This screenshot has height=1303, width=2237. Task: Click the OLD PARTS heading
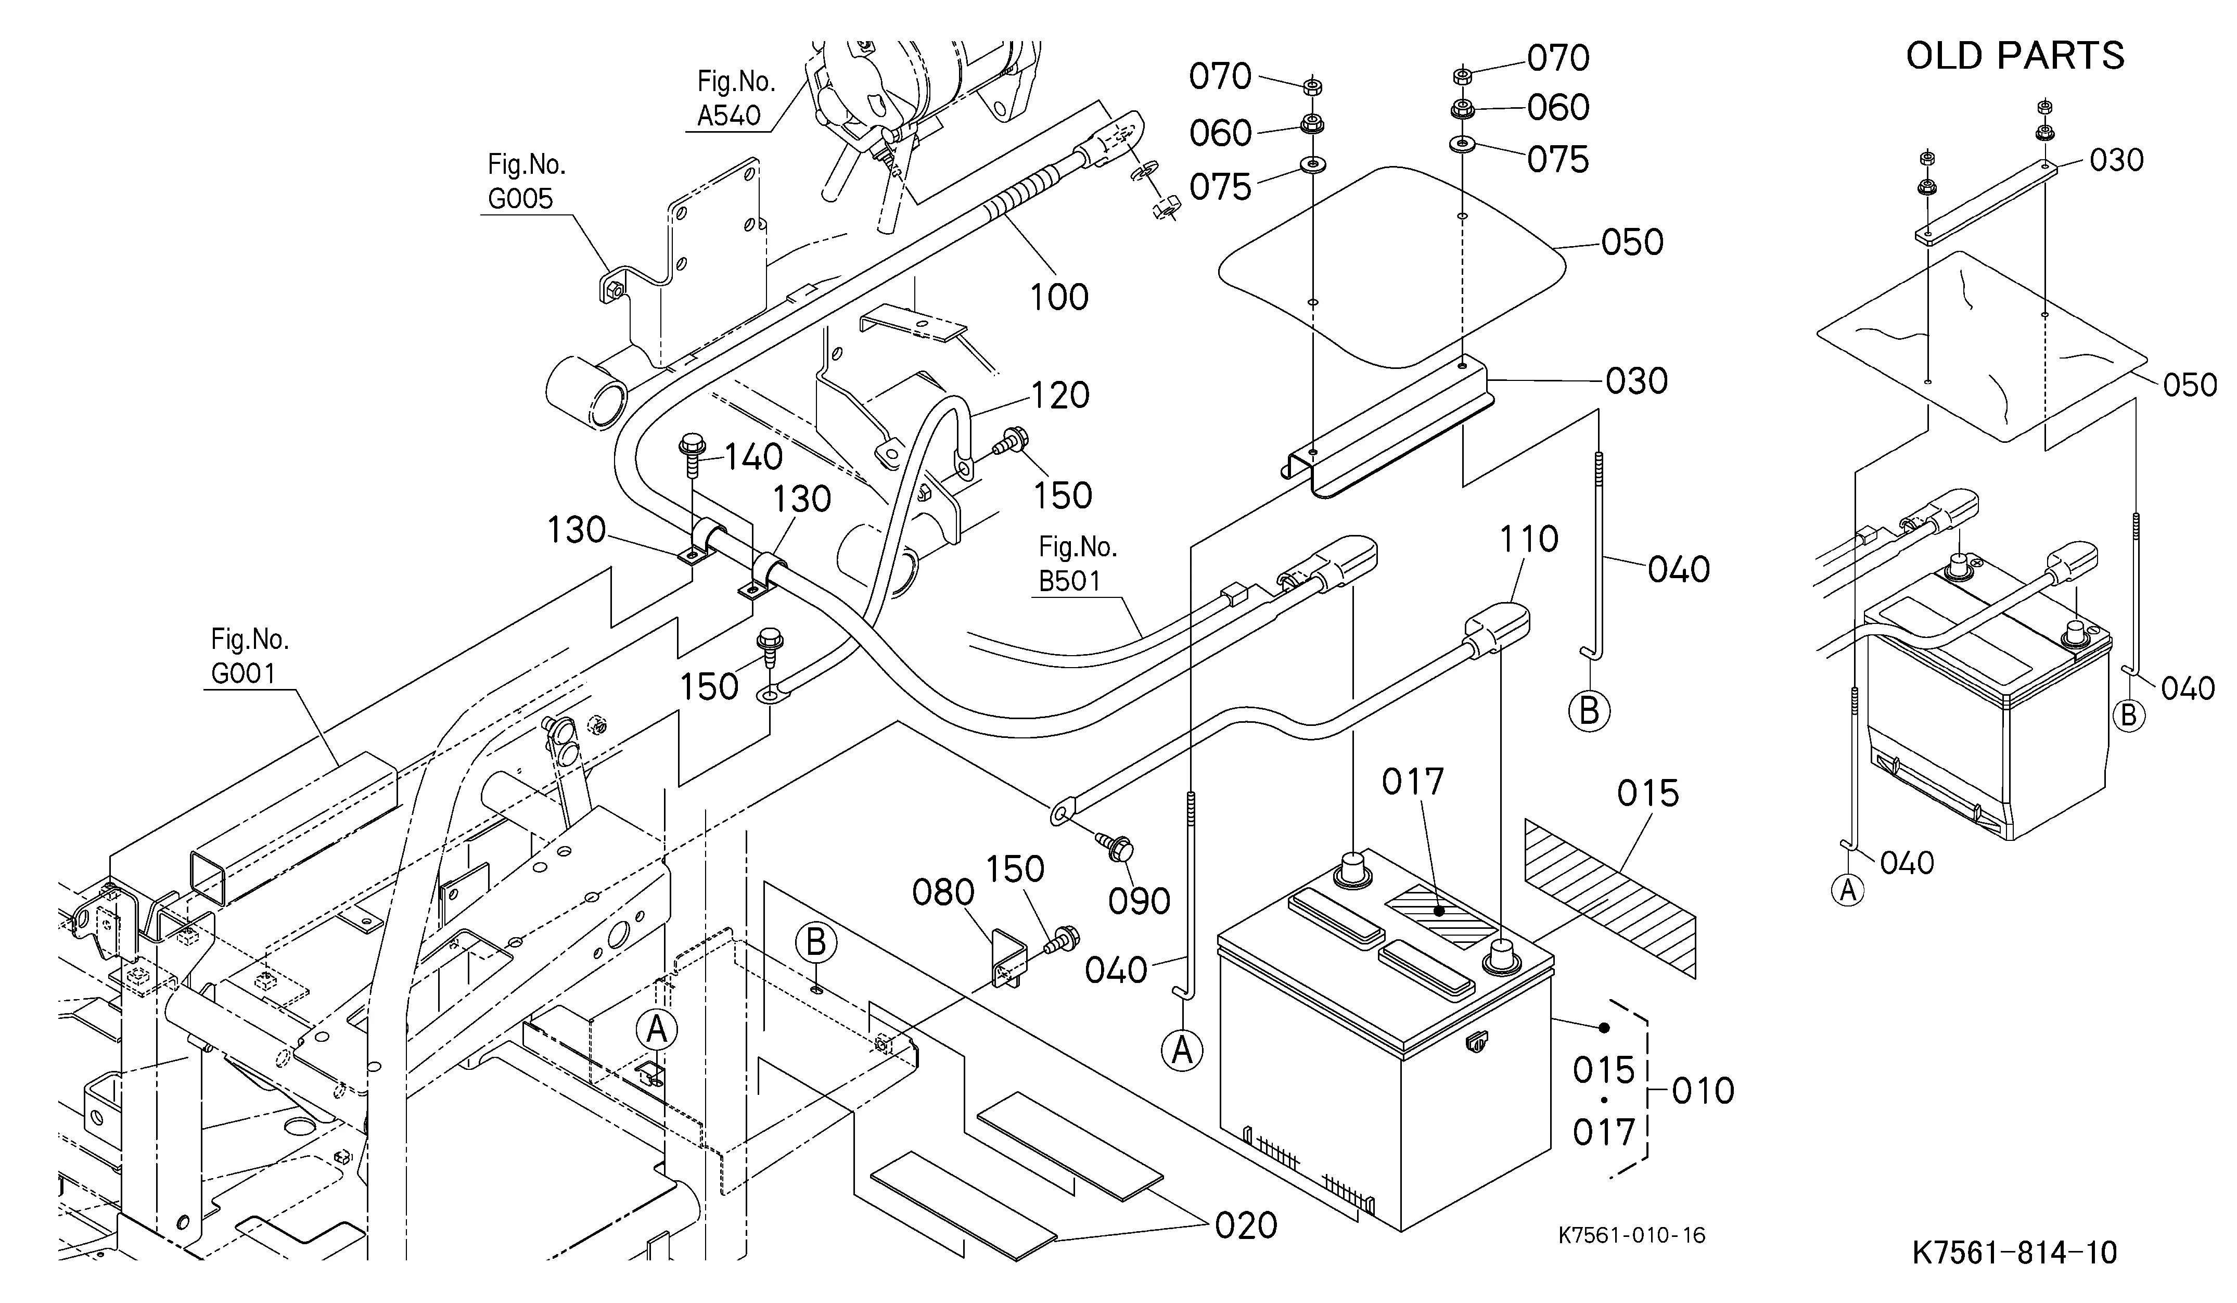(2015, 55)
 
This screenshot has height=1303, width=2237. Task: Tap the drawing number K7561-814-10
(2014, 1253)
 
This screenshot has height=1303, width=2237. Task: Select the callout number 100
(1059, 297)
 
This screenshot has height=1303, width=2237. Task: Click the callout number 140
(753, 457)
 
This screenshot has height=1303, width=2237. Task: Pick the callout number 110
(1529, 539)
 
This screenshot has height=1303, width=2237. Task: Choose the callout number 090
(1139, 901)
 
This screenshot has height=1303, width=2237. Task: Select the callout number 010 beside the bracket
(1703, 1091)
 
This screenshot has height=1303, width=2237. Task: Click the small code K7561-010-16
(1632, 1235)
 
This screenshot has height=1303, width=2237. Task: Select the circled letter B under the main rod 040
(1589, 711)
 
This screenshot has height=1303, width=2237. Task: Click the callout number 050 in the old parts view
(2190, 385)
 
